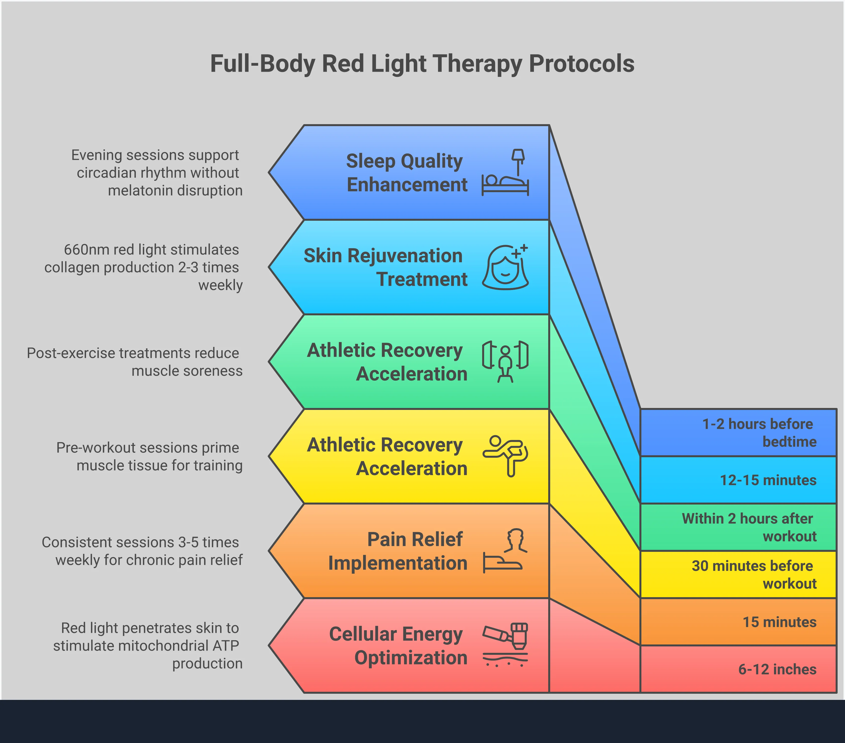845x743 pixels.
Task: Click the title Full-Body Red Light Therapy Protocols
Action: click(x=422, y=64)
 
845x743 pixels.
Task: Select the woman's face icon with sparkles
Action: click(x=505, y=267)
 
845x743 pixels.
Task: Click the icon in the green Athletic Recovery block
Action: click(x=505, y=362)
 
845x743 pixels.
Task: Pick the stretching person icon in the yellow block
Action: click(x=505, y=456)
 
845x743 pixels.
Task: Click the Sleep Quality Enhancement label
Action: click(x=406, y=173)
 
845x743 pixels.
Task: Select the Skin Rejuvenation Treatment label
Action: click(x=385, y=267)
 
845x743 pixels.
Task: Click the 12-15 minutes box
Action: click(x=738, y=480)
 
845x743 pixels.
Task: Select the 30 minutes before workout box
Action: click(x=738, y=574)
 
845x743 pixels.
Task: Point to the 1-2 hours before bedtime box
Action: click(x=738, y=433)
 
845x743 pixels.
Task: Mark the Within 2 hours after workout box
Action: click(x=738, y=527)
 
